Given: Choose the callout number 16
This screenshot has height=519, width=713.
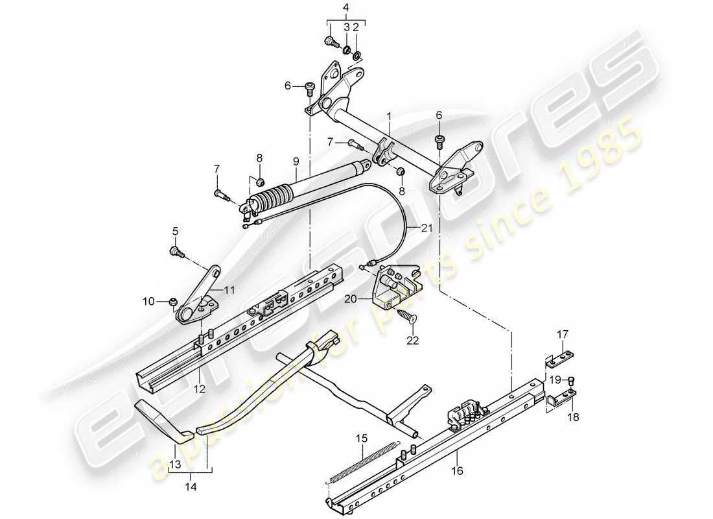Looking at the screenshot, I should coord(458,472).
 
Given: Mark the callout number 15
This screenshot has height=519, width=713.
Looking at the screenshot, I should coord(361,439).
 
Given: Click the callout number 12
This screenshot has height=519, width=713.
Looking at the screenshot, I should coord(198,389).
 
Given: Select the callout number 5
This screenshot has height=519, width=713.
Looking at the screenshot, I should coord(174,230).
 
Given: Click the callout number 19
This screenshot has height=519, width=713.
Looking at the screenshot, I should coord(555,379).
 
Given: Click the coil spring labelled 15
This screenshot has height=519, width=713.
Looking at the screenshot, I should coord(360,463).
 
